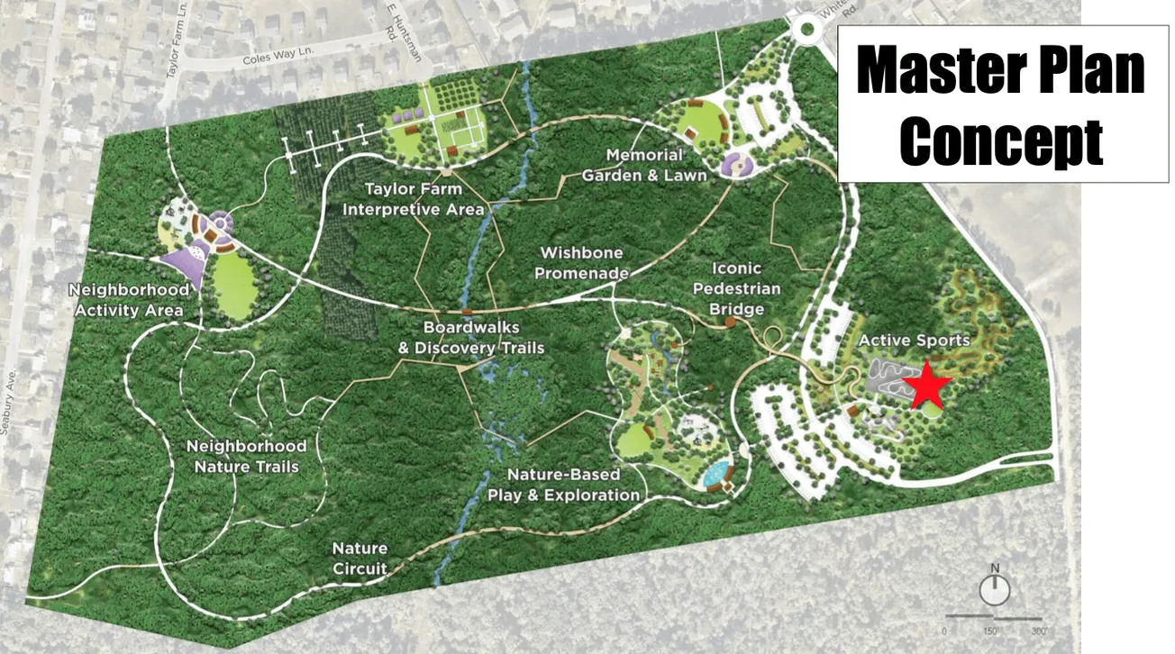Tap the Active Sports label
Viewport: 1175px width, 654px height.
point(914,341)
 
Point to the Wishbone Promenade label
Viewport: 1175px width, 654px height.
point(581,262)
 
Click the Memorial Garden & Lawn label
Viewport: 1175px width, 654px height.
point(643,166)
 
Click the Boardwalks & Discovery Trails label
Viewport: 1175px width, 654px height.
point(471,338)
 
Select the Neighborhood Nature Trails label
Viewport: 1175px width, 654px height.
point(246,456)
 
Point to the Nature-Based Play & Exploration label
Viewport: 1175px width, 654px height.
point(563,485)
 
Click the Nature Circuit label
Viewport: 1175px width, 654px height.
point(360,558)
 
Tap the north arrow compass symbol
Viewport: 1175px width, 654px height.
point(995,588)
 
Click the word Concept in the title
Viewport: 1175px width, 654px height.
point(1002,141)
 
